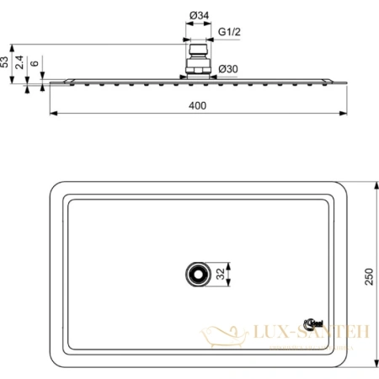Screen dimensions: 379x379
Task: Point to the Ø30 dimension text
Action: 227,68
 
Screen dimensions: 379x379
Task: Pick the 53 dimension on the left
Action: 6,62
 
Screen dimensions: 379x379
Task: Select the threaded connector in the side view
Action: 197,66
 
